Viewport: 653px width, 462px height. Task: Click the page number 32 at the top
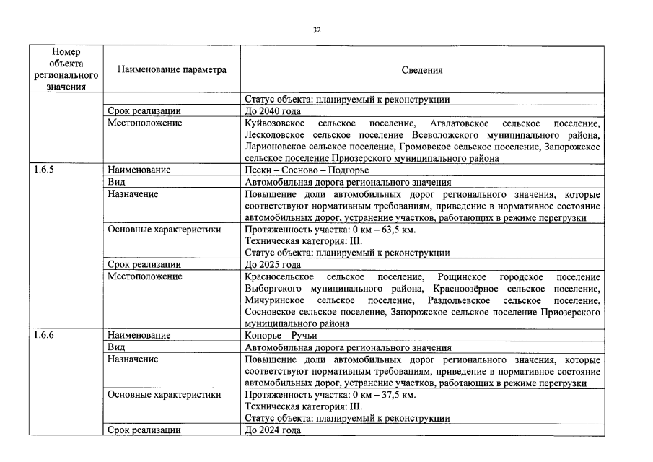[317, 30]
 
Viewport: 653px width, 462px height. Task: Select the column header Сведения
[421, 70]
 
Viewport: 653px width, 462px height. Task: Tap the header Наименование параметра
[167, 70]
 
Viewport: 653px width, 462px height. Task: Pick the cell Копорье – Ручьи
[281, 335]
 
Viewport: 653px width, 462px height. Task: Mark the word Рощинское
[461, 277]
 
